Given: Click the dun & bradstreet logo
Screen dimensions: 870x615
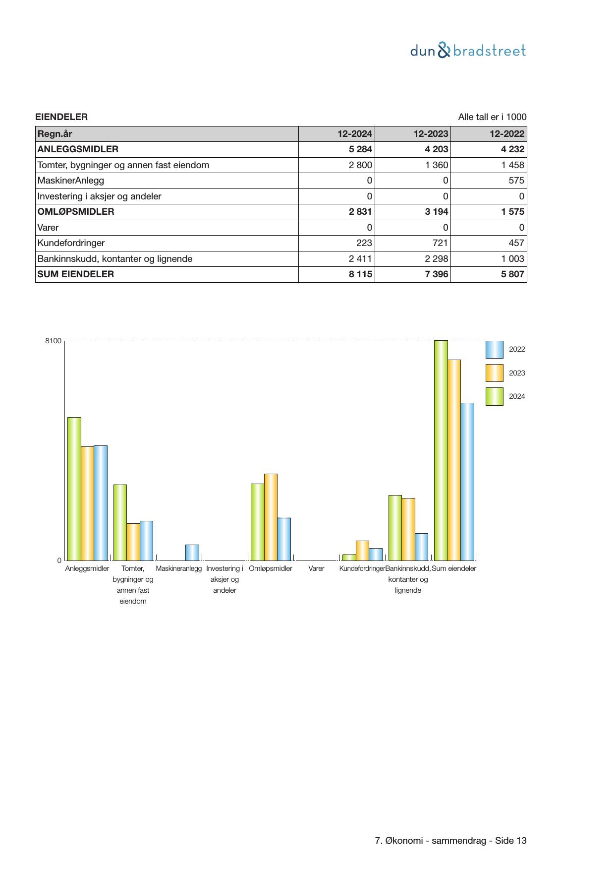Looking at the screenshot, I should click(x=468, y=51).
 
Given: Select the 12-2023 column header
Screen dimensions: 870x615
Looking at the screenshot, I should click(x=431, y=134).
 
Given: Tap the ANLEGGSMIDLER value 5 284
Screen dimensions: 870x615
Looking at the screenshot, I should click(x=360, y=149).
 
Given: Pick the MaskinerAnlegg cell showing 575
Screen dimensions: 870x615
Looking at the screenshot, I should click(x=516, y=181).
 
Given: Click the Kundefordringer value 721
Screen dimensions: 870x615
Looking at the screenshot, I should click(x=440, y=243).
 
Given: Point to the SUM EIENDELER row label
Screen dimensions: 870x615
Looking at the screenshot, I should click(x=76, y=274).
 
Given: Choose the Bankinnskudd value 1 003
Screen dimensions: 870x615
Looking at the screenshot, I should click(x=512, y=259).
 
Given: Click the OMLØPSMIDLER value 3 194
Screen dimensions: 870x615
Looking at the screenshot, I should click(x=437, y=212).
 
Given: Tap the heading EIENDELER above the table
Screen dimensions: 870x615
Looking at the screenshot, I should click(x=61, y=117).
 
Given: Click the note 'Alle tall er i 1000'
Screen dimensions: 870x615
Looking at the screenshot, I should click(x=492, y=117).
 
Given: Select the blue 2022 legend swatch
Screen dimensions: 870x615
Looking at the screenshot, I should click(x=494, y=350).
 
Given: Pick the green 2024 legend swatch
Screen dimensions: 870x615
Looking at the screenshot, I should click(x=494, y=397).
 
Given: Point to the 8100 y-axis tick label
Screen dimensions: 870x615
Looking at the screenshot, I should click(x=53, y=341).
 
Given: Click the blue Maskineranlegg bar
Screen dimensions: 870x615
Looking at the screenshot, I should click(x=192, y=553).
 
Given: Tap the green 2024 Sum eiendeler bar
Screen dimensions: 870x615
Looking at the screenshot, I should click(x=441, y=450).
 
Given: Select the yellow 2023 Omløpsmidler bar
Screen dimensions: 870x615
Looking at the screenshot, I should click(x=271, y=517).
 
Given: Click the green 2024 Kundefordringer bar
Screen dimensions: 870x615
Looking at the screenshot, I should click(x=349, y=558).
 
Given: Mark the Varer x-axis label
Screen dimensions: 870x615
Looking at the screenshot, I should click(x=316, y=569).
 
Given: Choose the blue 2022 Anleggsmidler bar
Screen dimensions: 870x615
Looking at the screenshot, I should click(x=101, y=503).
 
